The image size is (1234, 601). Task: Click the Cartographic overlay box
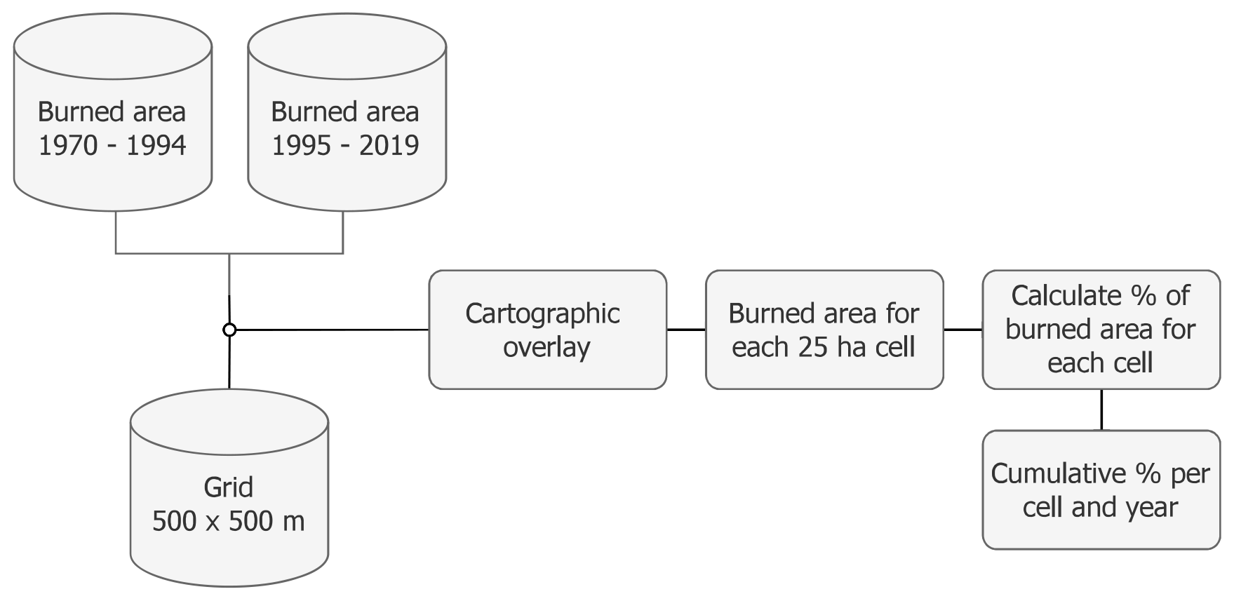tap(547, 330)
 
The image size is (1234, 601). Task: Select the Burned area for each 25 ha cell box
tap(824, 330)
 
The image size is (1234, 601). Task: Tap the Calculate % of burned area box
tap(1101, 330)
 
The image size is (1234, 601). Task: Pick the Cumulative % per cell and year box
tap(1101, 489)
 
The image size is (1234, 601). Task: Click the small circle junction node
tap(229, 330)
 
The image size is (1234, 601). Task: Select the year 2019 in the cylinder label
tap(389, 146)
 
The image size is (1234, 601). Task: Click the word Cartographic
tap(542, 313)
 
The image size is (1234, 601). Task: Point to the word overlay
tap(546, 347)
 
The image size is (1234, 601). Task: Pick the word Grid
tap(228, 487)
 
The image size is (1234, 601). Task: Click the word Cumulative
tap(1051, 474)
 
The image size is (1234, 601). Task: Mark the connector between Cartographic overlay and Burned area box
tap(686, 330)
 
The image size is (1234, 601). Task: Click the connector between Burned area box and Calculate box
tap(963, 330)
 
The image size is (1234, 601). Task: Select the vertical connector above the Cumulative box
tap(1101, 410)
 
